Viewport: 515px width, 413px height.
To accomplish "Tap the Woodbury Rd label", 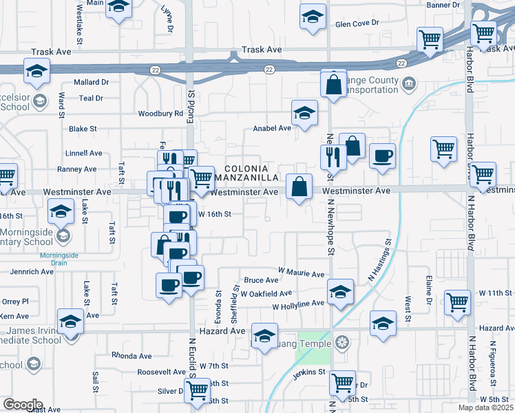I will (x=160, y=114).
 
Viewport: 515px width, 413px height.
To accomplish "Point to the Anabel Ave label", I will (x=272, y=128).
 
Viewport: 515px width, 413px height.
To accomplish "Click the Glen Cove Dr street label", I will (x=357, y=23).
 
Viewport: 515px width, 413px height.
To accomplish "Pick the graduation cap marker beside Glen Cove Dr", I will (x=313, y=16).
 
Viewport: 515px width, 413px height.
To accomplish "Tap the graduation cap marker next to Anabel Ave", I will (x=304, y=114).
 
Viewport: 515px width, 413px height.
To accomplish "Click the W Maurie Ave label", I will (x=301, y=274).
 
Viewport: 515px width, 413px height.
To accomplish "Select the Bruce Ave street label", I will (x=261, y=280).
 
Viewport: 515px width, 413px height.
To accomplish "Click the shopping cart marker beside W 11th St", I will (x=457, y=301).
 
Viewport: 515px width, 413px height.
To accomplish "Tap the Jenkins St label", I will (x=307, y=372).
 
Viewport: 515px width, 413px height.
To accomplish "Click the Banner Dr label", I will (x=443, y=5).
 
